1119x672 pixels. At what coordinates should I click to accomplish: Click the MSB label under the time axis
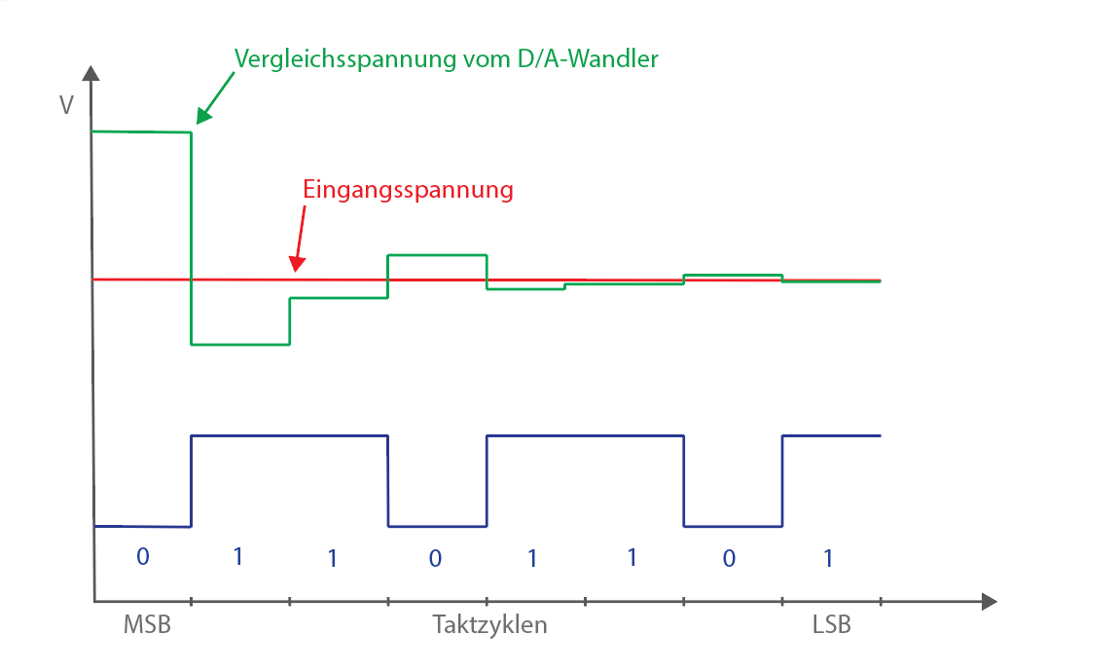click(x=147, y=625)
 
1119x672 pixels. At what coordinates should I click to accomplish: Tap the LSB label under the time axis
click(x=831, y=625)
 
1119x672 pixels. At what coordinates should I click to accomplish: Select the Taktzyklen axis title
click(x=489, y=625)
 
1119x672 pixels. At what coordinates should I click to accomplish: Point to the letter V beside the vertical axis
click(x=66, y=104)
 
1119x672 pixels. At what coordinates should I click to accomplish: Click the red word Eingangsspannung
click(x=408, y=190)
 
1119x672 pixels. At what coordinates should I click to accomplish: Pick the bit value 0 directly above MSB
click(x=142, y=557)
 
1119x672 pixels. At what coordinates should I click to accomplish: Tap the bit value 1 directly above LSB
click(x=828, y=558)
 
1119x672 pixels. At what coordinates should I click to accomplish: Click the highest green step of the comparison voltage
click(x=140, y=131)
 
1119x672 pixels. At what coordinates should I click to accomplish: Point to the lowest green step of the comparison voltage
click(x=240, y=344)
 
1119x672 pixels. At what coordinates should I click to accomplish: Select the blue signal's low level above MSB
click(x=142, y=526)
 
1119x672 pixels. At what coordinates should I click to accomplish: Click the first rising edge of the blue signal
click(x=191, y=481)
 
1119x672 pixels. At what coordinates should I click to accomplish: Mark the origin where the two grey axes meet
click(x=94, y=600)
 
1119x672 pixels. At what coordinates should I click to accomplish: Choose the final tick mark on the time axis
click(x=881, y=600)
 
